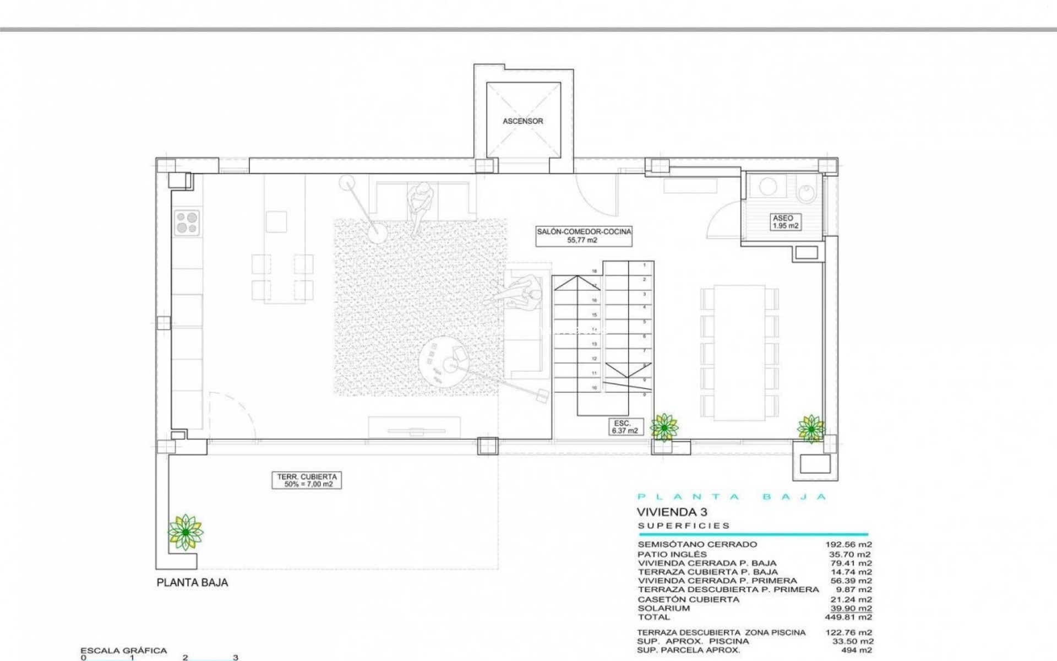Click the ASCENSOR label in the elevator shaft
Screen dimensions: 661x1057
coord(522,121)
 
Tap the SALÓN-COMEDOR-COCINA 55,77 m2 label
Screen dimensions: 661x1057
coord(585,236)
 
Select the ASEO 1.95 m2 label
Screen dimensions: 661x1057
coord(785,221)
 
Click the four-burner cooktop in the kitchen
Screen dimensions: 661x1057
coord(187,223)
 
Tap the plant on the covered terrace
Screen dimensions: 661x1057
coord(186,532)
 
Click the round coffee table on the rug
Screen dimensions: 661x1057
coord(445,361)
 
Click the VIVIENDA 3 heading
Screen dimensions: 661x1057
coord(672,512)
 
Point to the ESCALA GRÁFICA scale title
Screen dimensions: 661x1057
coord(123,651)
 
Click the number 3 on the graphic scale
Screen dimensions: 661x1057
coord(236,658)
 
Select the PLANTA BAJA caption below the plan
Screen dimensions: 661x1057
coord(192,583)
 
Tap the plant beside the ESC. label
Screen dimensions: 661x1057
coord(664,426)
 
